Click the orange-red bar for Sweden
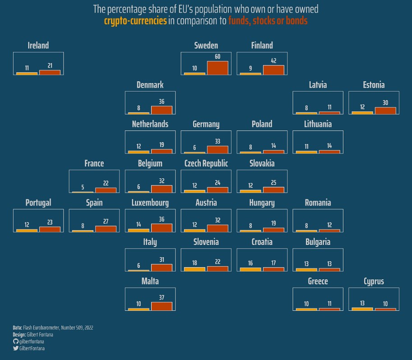click(218, 68)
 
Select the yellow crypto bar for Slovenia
click(194, 269)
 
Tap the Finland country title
click(262, 45)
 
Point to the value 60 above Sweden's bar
click(218, 56)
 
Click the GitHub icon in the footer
click(16, 342)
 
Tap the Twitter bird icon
click(16, 348)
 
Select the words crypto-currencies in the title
click(135, 21)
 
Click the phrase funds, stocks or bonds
click(268, 21)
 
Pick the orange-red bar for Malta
click(162, 306)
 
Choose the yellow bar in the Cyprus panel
click(362, 309)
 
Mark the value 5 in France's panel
click(83, 187)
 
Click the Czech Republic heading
click(206, 163)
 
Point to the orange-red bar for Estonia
click(385, 111)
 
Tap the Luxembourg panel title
click(150, 203)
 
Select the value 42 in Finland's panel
click(273, 61)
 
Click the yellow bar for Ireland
click(27, 73)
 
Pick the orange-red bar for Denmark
click(162, 110)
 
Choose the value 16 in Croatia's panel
click(250, 263)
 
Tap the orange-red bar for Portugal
click(50, 229)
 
